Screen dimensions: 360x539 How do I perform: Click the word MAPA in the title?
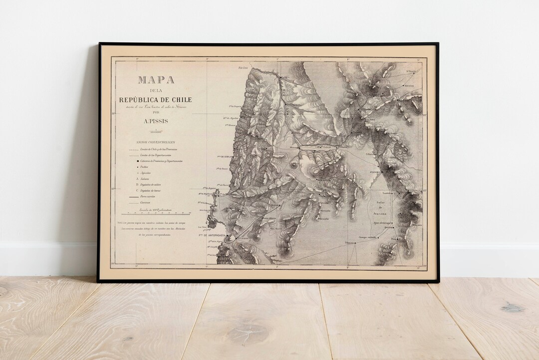coord(156,80)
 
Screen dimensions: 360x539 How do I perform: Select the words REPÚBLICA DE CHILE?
coord(156,100)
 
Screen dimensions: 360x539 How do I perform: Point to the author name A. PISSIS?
coord(156,120)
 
